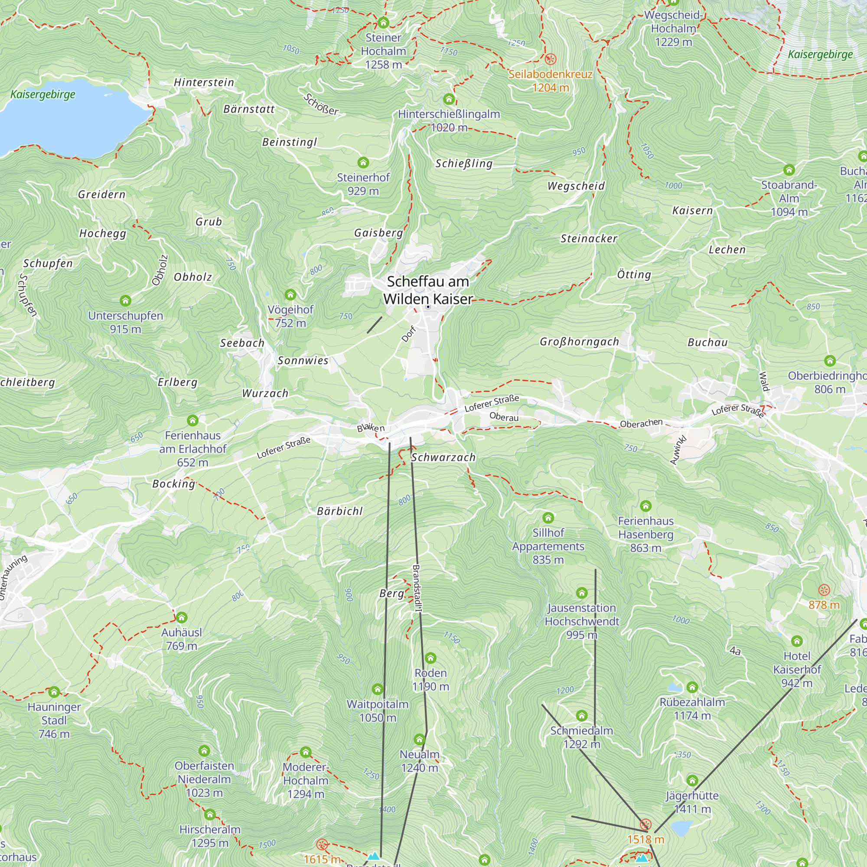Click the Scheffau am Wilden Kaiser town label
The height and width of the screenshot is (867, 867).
coord(428,290)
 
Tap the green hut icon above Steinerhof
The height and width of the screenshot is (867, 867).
coord(363,162)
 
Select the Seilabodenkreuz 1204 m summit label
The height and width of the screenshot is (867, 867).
coord(550,81)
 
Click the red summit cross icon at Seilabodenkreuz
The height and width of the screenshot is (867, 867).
coord(550,59)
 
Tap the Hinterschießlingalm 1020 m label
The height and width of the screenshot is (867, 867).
coord(449,121)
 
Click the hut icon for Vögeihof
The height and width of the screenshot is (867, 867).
coord(290,295)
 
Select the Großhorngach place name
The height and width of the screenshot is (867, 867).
coord(579,342)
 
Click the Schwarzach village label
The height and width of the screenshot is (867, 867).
coord(443,457)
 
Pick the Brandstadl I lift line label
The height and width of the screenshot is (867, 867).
coord(417,588)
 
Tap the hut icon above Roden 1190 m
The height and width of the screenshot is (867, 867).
coord(430,658)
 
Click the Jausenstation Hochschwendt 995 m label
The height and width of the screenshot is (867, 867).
coord(582,621)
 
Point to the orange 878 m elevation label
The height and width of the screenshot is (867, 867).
coord(824,605)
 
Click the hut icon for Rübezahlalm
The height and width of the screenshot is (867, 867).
coord(692,687)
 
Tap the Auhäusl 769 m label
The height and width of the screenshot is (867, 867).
coord(181,639)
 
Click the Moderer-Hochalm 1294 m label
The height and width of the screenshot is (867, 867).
coord(306,780)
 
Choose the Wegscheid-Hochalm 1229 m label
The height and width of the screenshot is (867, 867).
coord(673,28)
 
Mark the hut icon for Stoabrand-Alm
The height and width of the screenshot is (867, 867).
coord(789,169)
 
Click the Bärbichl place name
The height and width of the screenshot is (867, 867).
coord(340,511)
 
